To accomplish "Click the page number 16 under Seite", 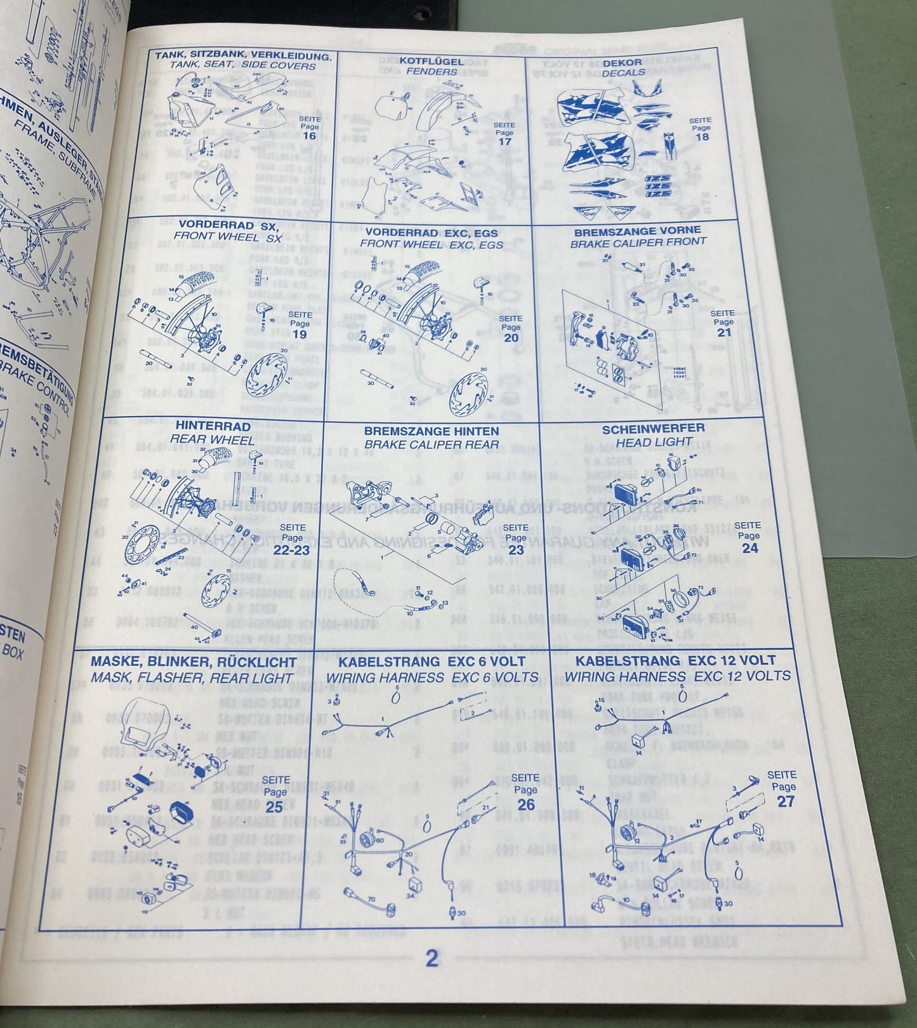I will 309,136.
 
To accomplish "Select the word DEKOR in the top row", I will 622,63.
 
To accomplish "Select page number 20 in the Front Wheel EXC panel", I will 511,337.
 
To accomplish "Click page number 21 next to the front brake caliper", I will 723,332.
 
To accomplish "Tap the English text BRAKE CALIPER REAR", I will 432,444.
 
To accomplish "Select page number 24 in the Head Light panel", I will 749,547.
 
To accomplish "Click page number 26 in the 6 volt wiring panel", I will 525,804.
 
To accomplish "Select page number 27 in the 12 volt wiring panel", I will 786,801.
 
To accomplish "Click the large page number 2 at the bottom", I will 432,976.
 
